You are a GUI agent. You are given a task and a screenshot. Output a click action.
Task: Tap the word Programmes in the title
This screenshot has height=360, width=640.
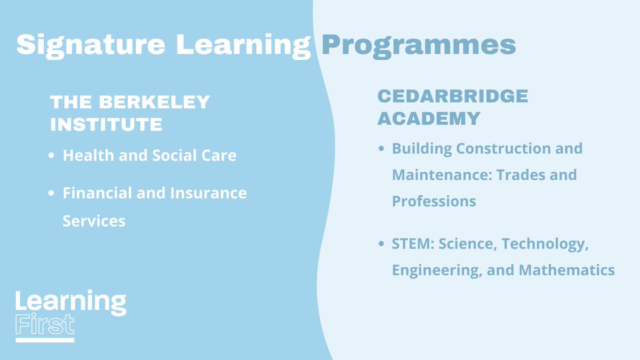[419, 45]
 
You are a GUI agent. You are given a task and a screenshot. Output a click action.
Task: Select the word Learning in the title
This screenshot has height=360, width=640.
[244, 45]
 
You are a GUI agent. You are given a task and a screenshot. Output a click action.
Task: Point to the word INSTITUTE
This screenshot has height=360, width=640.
[106, 124]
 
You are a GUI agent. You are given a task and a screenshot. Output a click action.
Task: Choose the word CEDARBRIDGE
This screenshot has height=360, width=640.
[453, 96]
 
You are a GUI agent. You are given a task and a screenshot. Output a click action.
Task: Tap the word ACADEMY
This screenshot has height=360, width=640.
[429, 118]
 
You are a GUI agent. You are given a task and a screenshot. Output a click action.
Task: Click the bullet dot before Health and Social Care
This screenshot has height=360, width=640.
[51, 156]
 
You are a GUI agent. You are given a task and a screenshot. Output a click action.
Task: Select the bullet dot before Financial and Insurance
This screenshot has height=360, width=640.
[51, 193]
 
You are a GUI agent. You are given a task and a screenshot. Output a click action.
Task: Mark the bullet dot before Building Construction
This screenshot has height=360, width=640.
[381, 149]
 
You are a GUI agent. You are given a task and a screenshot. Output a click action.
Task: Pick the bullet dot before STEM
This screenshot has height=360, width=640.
[381, 244]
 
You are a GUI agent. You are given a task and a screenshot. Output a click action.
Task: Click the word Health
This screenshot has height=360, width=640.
[84, 155]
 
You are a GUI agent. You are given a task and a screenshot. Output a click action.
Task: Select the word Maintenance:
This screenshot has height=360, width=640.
[433, 174]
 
